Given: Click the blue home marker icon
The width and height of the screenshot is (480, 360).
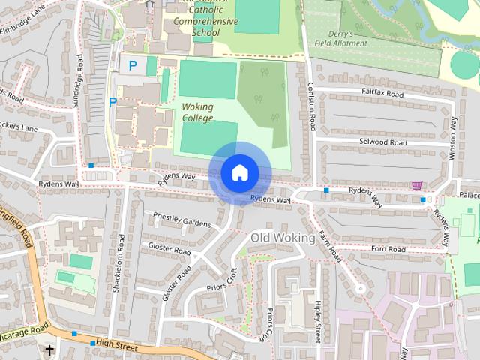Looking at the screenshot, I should coord(239,173).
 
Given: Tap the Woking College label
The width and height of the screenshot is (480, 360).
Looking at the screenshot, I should coord(197,112).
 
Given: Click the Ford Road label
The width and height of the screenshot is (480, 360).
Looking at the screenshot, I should coord(387,249).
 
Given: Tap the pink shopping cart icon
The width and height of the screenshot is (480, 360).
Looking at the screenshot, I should coord(417,185).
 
